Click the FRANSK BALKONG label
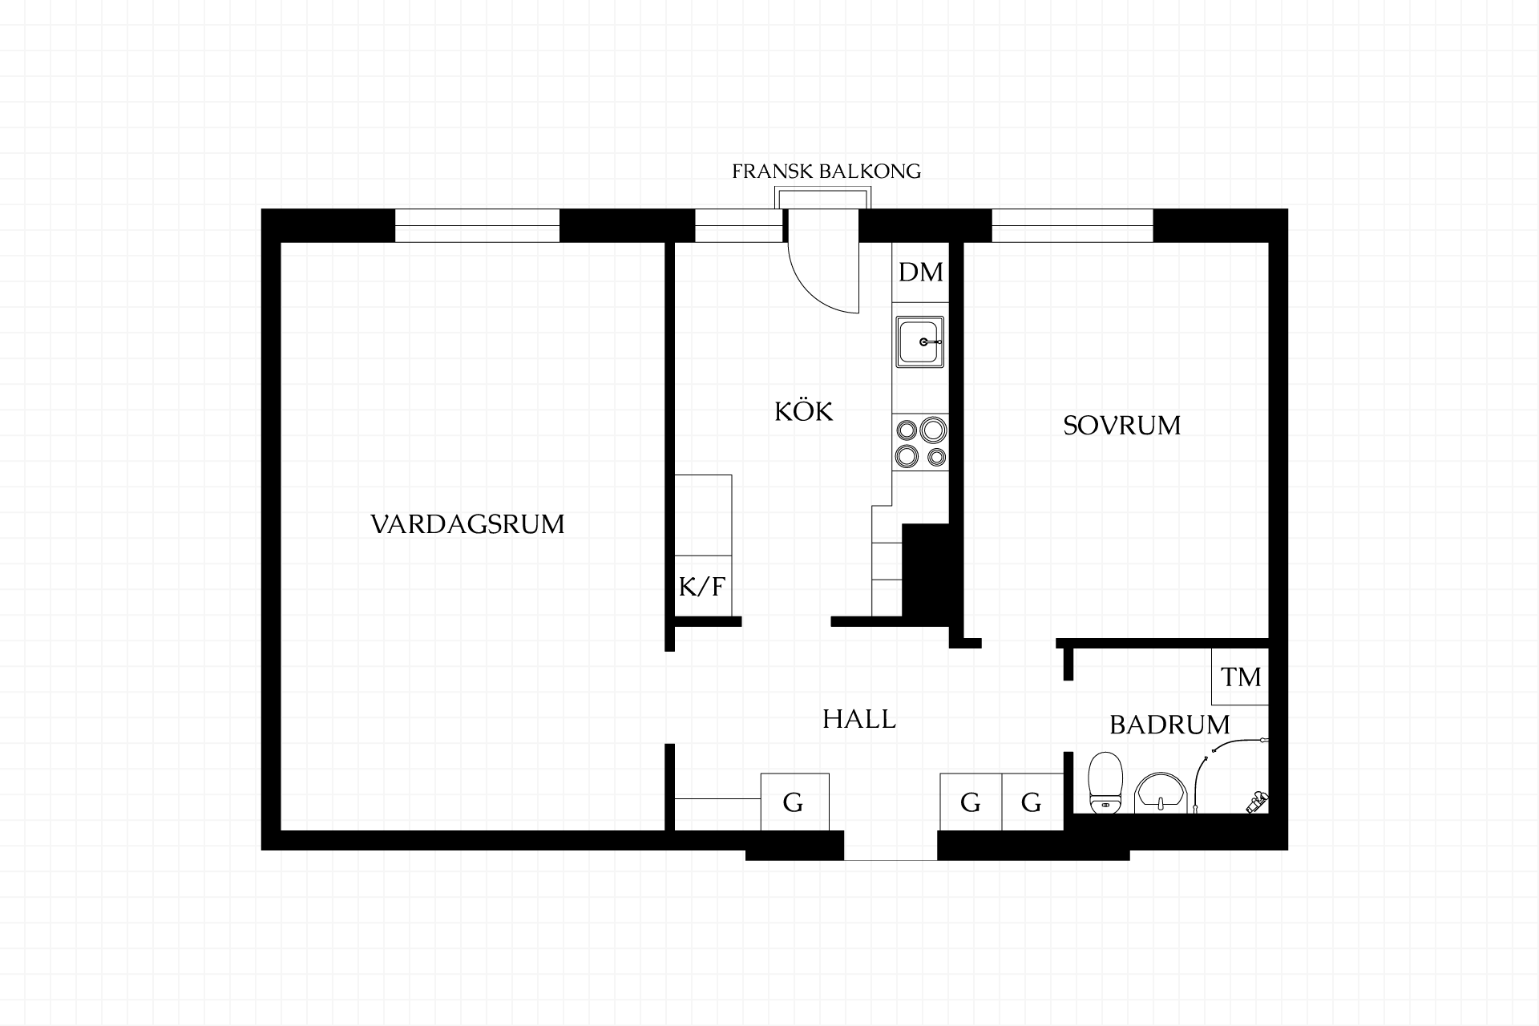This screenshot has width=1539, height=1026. tap(826, 172)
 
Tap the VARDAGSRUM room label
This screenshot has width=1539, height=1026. tap(467, 524)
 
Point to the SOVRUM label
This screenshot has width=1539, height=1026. tap(1121, 425)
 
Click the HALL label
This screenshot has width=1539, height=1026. tap(858, 719)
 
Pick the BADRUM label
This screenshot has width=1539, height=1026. tap(1169, 725)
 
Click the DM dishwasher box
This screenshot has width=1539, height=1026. tap(920, 273)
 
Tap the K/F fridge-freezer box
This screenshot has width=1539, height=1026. tap(703, 587)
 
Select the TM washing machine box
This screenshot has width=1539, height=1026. tap(1240, 677)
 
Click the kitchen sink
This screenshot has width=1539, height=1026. tap(920, 341)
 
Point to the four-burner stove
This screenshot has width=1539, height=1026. tap(920, 443)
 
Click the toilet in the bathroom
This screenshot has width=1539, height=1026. tap(1105, 782)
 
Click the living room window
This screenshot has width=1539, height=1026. tap(477, 225)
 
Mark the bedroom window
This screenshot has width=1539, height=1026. tap(1072, 225)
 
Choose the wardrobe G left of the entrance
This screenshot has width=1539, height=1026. tap(794, 802)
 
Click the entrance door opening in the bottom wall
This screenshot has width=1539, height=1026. tap(891, 846)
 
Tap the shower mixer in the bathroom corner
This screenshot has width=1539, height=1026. tap(1257, 802)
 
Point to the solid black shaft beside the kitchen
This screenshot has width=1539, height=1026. tap(926, 570)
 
